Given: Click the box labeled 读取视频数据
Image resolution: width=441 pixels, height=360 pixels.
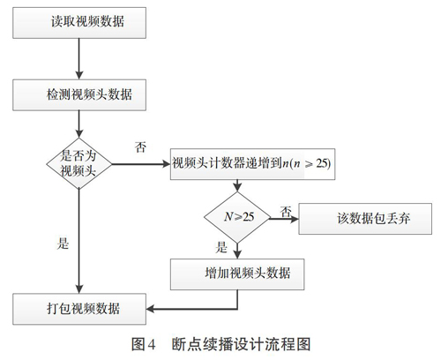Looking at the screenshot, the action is click(79, 23).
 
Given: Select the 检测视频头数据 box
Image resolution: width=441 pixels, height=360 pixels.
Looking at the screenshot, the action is click(79, 95).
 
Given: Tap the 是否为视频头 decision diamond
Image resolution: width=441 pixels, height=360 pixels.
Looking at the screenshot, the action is click(79, 163).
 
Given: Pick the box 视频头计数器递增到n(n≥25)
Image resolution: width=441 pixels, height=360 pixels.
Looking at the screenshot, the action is click(252, 164).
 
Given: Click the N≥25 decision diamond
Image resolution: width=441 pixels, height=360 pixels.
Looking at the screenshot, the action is click(237, 218).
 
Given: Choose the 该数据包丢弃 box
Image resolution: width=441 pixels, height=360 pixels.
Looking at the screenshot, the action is click(365, 219).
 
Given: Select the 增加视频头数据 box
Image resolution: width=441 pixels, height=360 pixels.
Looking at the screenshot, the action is click(237, 274).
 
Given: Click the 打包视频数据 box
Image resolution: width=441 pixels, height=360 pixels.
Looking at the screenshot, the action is click(79, 309).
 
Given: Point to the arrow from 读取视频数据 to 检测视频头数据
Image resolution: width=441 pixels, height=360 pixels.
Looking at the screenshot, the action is click(79, 59).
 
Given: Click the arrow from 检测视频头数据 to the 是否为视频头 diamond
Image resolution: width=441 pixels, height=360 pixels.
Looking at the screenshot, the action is click(79, 124).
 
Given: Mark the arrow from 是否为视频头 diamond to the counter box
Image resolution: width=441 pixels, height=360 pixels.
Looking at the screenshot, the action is click(141, 164).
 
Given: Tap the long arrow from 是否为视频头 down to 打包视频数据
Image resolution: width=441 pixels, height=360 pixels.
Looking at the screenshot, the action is click(79, 241).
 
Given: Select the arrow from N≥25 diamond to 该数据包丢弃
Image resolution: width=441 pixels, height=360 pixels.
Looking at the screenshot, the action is click(284, 219).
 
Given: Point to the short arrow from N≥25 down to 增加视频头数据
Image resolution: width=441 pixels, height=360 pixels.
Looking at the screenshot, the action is click(237, 251).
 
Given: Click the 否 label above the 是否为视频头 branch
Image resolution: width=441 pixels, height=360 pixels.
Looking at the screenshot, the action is click(140, 146).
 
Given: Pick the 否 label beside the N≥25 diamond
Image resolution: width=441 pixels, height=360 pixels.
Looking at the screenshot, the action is click(286, 212).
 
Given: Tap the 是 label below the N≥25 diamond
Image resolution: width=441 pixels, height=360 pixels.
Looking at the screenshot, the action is click(221, 247).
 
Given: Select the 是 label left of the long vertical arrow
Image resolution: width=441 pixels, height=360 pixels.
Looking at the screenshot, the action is click(63, 244).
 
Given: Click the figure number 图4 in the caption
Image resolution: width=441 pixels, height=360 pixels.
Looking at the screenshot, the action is click(143, 344).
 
